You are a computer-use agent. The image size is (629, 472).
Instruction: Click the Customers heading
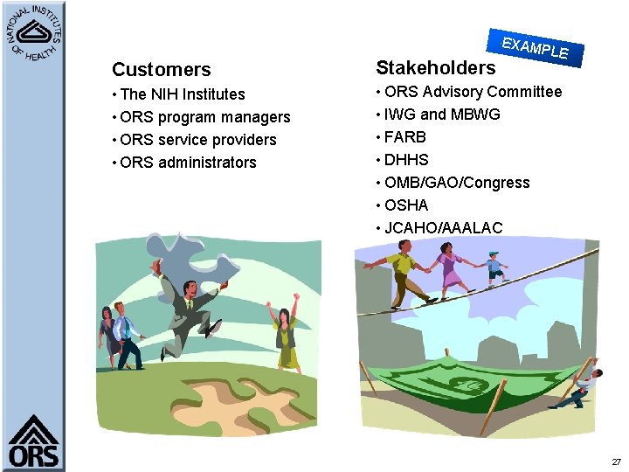tap(161, 70)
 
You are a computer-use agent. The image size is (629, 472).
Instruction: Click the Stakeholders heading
tap(435, 67)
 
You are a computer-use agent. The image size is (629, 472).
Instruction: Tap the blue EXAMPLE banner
tap(536, 47)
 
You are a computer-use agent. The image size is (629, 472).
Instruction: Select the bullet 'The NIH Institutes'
tap(183, 94)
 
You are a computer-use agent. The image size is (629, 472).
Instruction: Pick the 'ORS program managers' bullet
tap(205, 117)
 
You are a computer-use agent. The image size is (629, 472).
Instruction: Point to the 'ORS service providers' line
tap(198, 140)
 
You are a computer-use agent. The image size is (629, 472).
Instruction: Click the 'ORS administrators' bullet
tap(189, 163)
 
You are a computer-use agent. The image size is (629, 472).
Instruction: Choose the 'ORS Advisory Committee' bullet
tap(473, 92)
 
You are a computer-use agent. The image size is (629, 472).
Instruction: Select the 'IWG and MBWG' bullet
tap(442, 115)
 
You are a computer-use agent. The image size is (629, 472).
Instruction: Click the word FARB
tap(405, 137)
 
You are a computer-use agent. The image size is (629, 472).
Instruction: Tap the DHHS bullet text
tap(406, 160)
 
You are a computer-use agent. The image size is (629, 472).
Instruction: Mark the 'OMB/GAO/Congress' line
tap(457, 183)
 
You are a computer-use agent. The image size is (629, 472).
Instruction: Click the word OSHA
tap(406, 205)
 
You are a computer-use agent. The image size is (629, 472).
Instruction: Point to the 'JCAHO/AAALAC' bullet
tap(444, 228)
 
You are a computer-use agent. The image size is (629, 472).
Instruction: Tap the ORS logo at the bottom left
tap(33, 441)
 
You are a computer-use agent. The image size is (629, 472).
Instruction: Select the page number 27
tap(616, 462)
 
